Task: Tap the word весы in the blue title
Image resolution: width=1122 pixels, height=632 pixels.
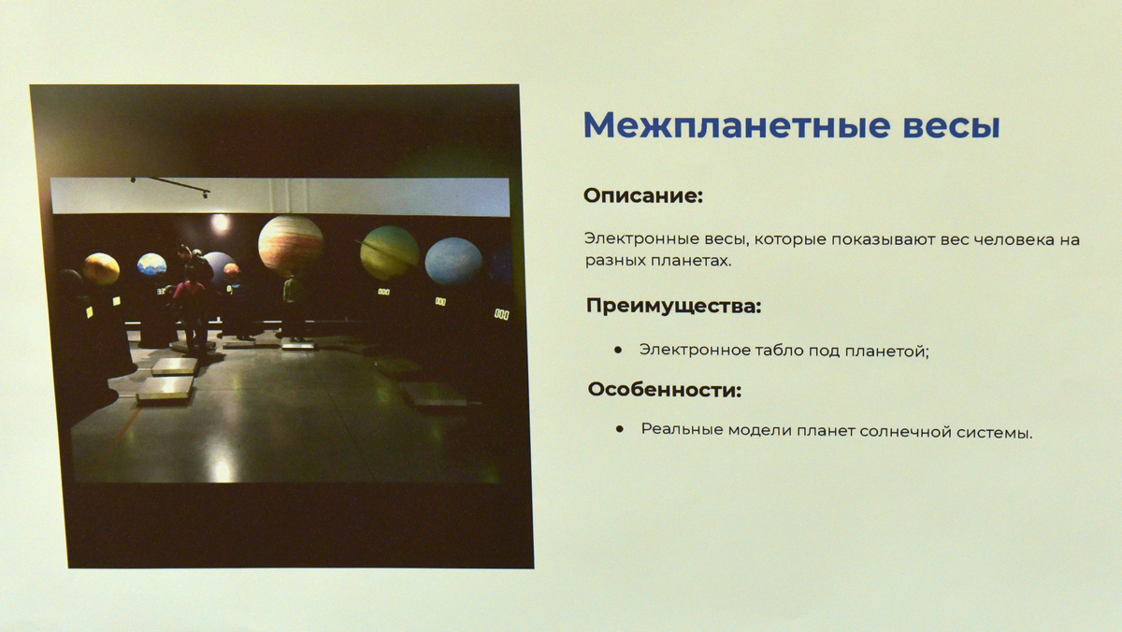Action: (x=952, y=127)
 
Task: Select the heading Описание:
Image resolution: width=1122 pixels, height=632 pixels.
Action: (x=643, y=195)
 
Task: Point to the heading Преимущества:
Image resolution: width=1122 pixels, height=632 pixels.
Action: (x=674, y=306)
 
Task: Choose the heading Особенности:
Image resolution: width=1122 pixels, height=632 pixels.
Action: (x=665, y=389)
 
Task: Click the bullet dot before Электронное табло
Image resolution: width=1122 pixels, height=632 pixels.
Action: (x=618, y=350)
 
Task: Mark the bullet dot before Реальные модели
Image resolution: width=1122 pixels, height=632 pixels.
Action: (x=620, y=429)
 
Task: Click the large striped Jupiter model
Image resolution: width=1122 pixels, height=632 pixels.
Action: (x=291, y=245)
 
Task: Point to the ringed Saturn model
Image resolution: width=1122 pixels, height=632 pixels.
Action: (x=389, y=251)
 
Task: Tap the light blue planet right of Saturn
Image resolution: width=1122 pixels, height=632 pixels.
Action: (x=453, y=262)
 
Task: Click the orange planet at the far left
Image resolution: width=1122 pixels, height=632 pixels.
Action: (x=101, y=269)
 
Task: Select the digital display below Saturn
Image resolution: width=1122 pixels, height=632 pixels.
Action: (x=383, y=292)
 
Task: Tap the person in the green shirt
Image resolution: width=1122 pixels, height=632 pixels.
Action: (x=294, y=305)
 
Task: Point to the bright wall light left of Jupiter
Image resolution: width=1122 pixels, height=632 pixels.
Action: (x=220, y=223)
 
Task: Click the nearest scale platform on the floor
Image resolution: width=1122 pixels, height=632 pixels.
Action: (x=165, y=389)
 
